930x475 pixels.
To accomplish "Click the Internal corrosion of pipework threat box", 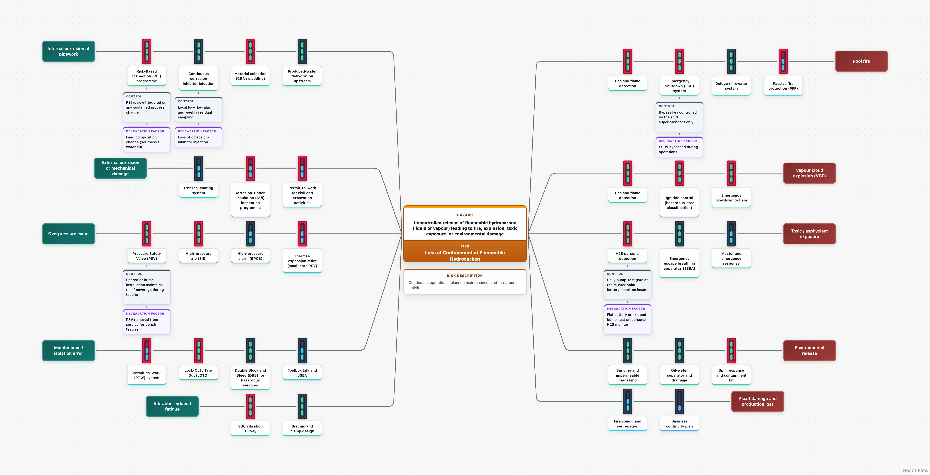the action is (x=69, y=51).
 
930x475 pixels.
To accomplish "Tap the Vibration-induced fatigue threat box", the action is (x=172, y=406).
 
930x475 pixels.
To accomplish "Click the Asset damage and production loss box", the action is (x=757, y=401).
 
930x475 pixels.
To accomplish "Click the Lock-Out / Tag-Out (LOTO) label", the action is (x=199, y=373).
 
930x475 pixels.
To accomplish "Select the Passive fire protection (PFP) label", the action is (x=783, y=86).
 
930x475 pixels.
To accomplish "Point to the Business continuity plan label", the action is (x=679, y=424).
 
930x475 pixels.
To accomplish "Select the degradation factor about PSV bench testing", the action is (x=147, y=322).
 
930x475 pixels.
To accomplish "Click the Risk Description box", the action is (x=465, y=282).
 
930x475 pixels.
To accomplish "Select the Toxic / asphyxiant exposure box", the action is (x=809, y=234).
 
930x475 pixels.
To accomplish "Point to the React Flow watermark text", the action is (x=916, y=470).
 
